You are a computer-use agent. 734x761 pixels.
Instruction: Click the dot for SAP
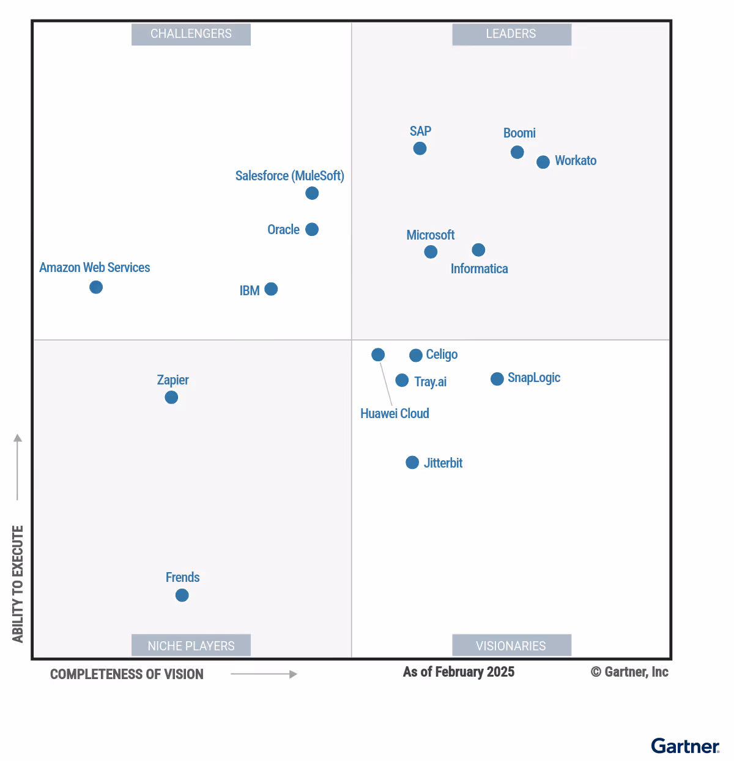point(420,149)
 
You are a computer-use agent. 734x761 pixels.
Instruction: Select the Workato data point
point(543,162)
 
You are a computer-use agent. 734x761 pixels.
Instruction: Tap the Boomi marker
point(517,152)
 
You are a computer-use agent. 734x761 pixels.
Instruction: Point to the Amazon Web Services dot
point(96,287)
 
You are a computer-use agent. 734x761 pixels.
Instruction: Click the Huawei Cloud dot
point(378,355)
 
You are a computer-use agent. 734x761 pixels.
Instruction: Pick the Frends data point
point(182,595)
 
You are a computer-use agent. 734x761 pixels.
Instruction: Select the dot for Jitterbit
point(412,463)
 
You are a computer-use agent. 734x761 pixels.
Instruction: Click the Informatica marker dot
point(479,250)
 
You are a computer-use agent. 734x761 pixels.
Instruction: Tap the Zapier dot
point(171,397)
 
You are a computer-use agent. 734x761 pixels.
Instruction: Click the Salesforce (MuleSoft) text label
point(289,176)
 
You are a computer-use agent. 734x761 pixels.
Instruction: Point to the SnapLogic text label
point(533,378)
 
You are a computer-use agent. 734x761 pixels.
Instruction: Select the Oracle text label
point(283,230)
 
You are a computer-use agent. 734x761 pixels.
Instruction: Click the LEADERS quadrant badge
point(511,34)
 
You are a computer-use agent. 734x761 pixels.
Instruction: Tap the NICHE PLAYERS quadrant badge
point(191,645)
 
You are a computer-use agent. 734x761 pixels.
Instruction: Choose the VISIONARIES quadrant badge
point(511,645)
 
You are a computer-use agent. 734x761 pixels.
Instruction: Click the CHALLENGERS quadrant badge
point(191,34)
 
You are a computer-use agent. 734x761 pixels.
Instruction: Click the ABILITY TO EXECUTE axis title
point(18,584)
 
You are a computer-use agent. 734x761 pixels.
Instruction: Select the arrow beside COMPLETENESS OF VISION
point(264,674)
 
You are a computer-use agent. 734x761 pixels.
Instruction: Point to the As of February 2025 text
point(458,672)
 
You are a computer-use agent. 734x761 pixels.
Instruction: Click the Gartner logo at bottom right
point(685,746)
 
